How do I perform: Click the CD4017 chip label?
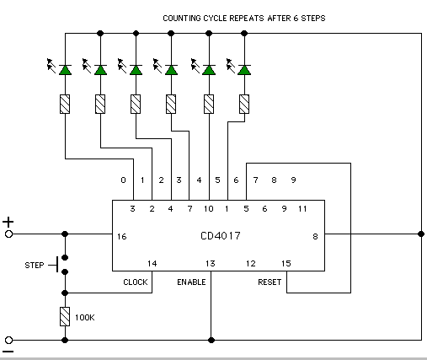pyautogui.click(x=221, y=235)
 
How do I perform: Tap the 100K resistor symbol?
pyautogui.click(x=65, y=316)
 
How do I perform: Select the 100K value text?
pyautogui.click(x=85, y=318)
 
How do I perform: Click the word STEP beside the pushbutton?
pyautogui.click(x=35, y=266)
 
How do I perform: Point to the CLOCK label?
pyautogui.click(x=136, y=282)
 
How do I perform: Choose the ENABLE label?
pyautogui.click(x=191, y=282)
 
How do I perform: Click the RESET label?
pyautogui.click(x=270, y=282)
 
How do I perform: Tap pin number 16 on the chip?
pyautogui.click(x=122, y=237)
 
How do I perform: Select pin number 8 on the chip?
pyautogui.click(x=315, y=237)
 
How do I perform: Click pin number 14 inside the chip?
pyautogui.click(x=152, y=264)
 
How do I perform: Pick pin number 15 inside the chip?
pyautogui.click(x=286, y=264)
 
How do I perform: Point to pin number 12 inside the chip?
pyautogui.click(x=251, y=264)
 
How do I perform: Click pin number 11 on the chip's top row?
pyautogui.click(x=302, y=209)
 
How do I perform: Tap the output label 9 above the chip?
pyautogui.click(x=293, y=180)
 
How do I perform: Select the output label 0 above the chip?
pyautogui.click(x=123, y=180)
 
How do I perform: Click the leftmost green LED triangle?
pyautogui.click(x=65, y=70)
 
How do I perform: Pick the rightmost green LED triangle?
pyautogui.click(x=244, y=70)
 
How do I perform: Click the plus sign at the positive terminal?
pyautogui.click(x=8, y=222)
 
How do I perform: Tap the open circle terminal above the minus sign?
pyautogui.click(x=8, y=340)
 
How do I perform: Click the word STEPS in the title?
pyautogui.click(x=313, y=19)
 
